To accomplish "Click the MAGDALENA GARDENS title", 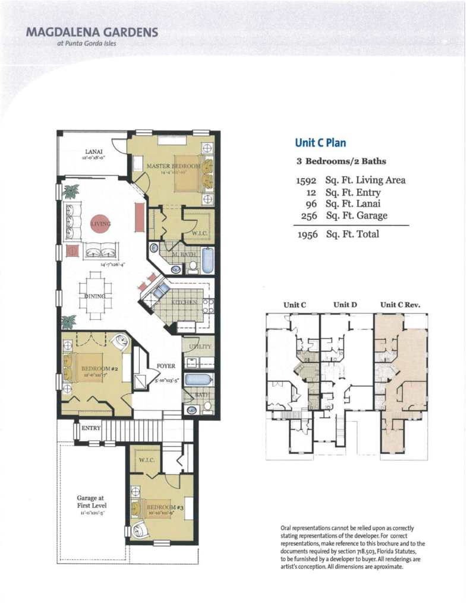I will (92, 32).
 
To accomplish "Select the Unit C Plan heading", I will (320, 142).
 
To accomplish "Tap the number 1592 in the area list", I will (308, 180).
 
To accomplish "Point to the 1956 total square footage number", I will (308, 234).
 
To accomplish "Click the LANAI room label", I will (93, 152).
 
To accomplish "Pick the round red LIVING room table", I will (100, 224).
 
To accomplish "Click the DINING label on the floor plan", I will (95, 295).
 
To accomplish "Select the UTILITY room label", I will (200, 346).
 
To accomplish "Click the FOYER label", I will (166, 366).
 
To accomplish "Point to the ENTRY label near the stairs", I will (91, 428).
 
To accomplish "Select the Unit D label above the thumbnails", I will (345, 305).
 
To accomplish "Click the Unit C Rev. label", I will (400, 305).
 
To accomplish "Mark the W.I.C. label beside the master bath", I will (199, 234).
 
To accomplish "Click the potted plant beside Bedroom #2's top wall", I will (69, 322).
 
